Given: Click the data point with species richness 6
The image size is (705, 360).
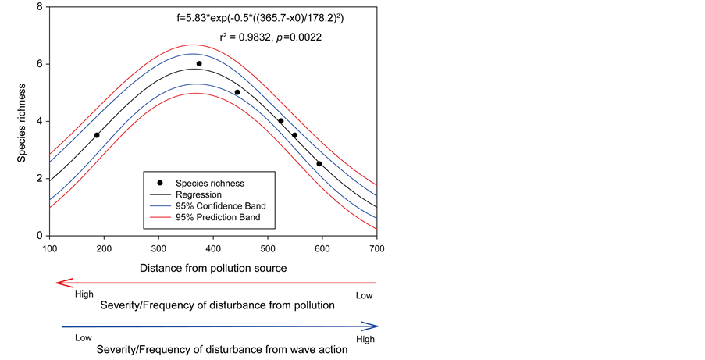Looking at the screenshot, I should click(199, 64).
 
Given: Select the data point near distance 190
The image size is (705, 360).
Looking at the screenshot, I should click(97, 135).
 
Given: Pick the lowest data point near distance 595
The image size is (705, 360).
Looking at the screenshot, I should click(319, 164).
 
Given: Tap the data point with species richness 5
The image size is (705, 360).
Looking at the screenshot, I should click(237, 92).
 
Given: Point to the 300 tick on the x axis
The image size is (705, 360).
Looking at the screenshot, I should click(159, 248).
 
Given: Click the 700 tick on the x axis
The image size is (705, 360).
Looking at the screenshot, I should click(377, 248).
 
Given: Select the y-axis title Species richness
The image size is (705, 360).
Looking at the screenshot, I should click(23, 121).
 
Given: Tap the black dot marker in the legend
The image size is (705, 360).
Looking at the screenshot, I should click(161, 183).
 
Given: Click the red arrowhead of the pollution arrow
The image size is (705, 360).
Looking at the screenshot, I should click(59, 283).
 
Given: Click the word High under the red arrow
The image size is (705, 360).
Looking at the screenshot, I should click(84, 295).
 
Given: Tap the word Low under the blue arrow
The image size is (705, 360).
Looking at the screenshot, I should click(84, 339).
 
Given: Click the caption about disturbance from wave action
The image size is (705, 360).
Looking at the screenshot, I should click(222, 350).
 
